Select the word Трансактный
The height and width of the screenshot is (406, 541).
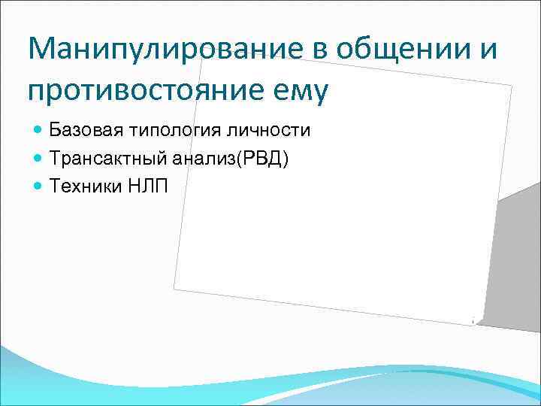102,159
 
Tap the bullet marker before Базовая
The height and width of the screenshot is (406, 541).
38,132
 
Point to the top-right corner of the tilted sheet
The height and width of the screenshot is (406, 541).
512,85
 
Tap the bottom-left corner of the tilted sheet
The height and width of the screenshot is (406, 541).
174,288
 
